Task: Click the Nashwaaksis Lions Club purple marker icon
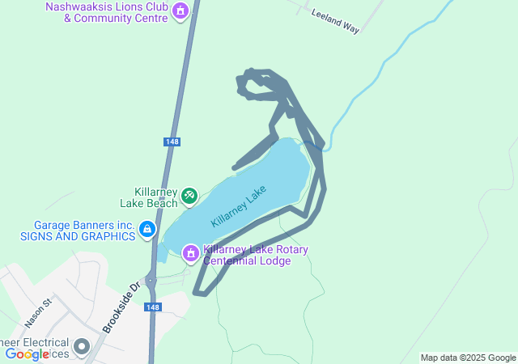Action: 180,11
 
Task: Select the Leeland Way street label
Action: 334,21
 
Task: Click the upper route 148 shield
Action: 171,142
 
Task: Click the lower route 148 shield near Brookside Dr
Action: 154,307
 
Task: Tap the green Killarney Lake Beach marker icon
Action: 189,195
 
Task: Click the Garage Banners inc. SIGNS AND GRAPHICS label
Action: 79,231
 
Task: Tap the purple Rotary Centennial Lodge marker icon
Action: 191,254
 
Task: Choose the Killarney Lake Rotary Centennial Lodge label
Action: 255,255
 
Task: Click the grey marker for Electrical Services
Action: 82,347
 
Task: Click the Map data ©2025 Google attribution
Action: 468,358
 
